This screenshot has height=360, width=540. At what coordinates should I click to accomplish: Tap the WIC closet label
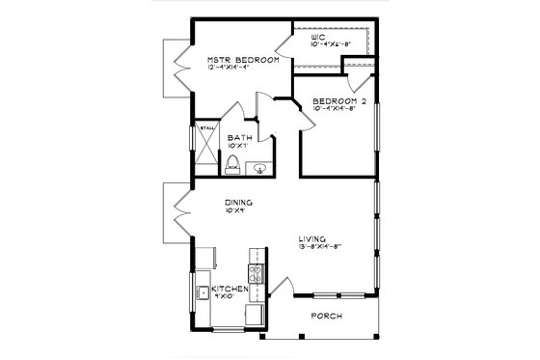[x=307, y=38]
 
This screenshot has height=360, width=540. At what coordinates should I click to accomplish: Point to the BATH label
[x=240, y=138]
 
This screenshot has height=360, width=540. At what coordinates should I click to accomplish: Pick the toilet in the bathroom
[x=231, y=167]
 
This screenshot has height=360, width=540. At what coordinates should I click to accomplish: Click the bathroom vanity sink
[x=258, y=168]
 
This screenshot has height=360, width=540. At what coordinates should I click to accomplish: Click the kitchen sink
[x=203, y=292]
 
